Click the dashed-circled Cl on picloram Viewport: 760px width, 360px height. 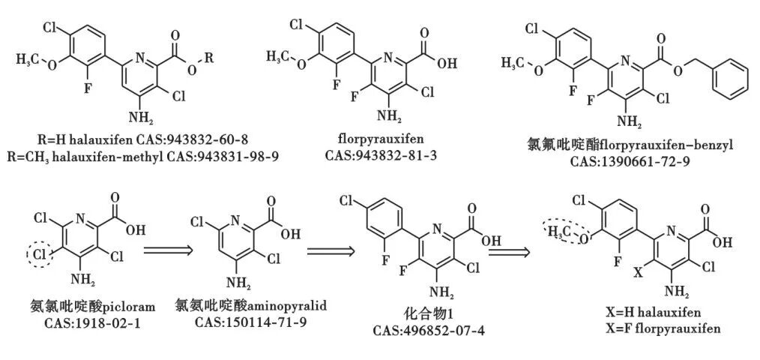click(40, 256)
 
